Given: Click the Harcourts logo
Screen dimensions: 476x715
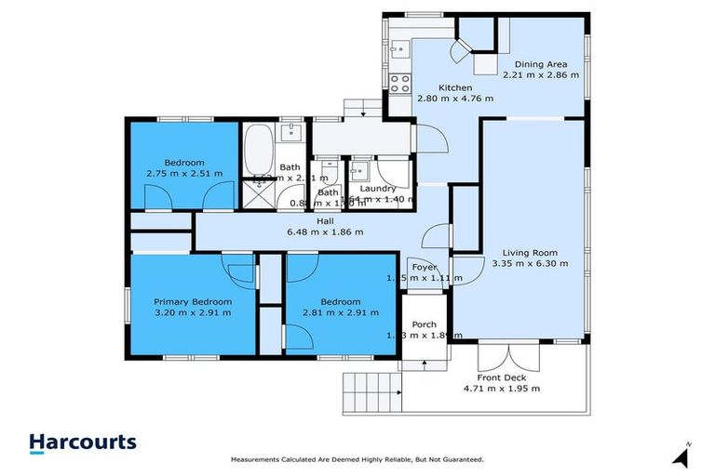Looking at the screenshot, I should [83, 443].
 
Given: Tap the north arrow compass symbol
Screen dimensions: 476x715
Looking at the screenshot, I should [682, 455].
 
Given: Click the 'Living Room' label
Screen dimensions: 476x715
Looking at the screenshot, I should [529, 252].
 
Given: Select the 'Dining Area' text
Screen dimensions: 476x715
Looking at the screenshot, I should [541, 64].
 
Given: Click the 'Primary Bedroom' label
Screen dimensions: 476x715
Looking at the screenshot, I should [193, 301].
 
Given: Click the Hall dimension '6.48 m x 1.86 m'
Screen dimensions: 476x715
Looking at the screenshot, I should [325, 231].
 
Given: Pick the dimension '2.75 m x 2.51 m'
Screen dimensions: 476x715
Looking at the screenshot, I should [184, 173].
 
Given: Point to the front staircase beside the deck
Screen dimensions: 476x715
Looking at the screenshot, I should [372, 394].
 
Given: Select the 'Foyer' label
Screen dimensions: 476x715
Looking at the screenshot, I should [425, 267].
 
